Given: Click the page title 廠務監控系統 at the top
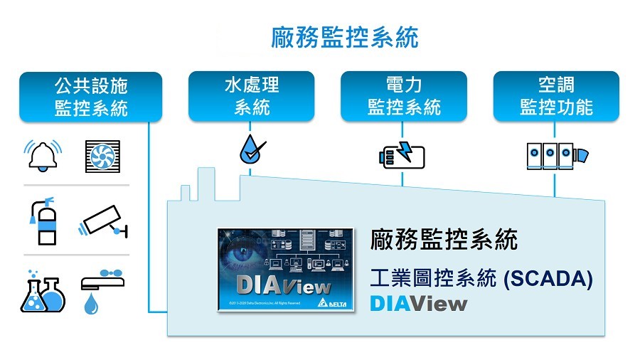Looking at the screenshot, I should click(x=345, y=38).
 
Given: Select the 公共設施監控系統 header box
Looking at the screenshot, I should click(x=91, y=97).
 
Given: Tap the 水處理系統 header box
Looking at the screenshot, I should click(x=252, y=97).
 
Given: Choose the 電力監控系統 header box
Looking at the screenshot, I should click(x=404, y=97).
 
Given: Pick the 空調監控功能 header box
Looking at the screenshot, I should click(x=556, y=97).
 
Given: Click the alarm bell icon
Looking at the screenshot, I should click(x=44, y=155).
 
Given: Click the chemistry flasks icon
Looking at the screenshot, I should click(x=43, y=291).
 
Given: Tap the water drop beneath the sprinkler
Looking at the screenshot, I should click(x=91, y=305).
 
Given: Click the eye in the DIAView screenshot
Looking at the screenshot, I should click(x=246, y=257).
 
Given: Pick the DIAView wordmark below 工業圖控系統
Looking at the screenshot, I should click(x=419, y=304).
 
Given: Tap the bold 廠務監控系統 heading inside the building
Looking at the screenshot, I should click(x=444, y=240).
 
